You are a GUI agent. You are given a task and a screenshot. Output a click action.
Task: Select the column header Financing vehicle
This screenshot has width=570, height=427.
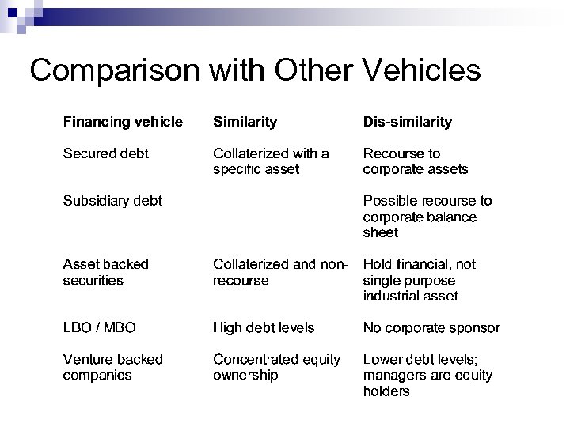[123, 122]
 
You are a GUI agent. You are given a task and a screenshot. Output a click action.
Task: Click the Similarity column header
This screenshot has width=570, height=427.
[245, 122]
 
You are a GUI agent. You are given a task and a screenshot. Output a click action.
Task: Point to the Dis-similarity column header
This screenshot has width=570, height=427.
[407, 122]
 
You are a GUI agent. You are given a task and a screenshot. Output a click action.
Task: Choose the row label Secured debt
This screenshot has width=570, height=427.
[106, 153]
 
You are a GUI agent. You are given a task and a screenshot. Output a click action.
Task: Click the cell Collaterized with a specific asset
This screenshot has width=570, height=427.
[271, 161]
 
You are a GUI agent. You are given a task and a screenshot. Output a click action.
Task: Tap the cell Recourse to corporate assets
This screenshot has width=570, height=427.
[415, 161]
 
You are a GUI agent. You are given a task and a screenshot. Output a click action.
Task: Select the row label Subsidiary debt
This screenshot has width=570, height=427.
[112, 201]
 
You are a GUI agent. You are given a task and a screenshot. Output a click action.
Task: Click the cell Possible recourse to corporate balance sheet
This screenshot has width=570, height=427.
[427, 217]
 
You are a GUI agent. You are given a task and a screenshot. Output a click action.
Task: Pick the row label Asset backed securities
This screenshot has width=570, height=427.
[105, 272]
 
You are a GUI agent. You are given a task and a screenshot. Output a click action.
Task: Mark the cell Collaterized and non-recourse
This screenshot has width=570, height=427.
[281, 272]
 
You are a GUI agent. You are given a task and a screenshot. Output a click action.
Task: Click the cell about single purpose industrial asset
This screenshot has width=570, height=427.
[419, 280]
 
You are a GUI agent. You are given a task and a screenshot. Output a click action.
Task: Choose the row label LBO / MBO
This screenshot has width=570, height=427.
[102, 327]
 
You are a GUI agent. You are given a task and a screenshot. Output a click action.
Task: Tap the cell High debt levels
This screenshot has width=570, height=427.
[264, 327]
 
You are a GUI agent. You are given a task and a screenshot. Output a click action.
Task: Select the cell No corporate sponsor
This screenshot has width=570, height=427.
[431, 327]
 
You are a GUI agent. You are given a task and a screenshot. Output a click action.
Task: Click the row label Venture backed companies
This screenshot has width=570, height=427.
[112, 367]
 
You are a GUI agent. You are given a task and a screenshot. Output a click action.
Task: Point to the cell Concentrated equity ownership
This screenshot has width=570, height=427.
[276, 367]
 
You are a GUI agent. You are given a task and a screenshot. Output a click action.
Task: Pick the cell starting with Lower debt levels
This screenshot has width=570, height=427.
[427, 375]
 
